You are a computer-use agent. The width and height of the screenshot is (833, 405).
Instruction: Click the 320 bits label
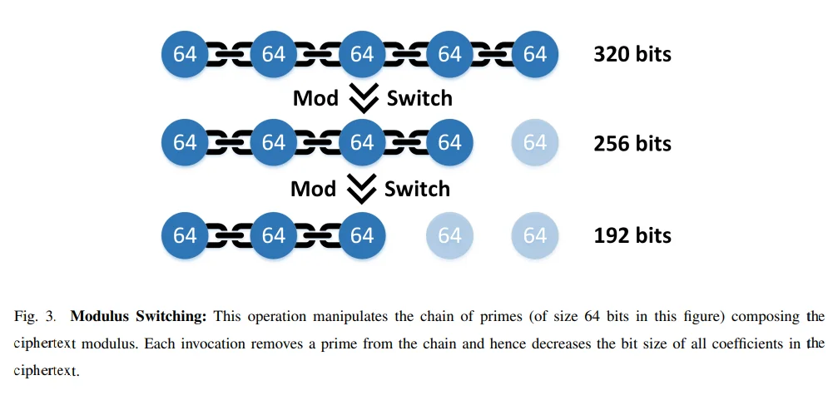click(632, 54)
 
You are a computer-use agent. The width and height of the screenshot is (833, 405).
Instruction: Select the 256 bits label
click(632, 143)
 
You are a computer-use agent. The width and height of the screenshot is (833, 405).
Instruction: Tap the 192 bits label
click(632, 235)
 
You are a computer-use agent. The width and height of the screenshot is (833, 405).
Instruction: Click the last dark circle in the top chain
click(535, 54)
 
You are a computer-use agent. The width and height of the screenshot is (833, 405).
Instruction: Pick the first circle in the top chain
click(185, 54)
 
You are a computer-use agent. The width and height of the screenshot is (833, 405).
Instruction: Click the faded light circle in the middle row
click(535, 143)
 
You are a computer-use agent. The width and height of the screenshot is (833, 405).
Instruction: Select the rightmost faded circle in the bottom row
click(535, 235)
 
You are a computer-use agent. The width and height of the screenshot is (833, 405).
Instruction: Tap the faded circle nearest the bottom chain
click(449, 235)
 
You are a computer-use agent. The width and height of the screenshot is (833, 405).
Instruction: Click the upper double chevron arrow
click(364, 98)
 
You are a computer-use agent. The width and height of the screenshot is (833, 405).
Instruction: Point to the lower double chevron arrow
click(361, 189)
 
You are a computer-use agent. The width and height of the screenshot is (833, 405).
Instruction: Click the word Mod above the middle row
click(315, 98)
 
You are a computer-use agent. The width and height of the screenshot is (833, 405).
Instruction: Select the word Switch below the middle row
click(417, 189)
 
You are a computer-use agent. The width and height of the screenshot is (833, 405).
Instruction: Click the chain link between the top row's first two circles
click(229, 54)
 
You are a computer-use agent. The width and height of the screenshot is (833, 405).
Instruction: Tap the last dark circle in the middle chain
click(449, 143)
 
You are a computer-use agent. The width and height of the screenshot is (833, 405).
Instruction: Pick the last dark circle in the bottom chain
click(362, 235)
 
